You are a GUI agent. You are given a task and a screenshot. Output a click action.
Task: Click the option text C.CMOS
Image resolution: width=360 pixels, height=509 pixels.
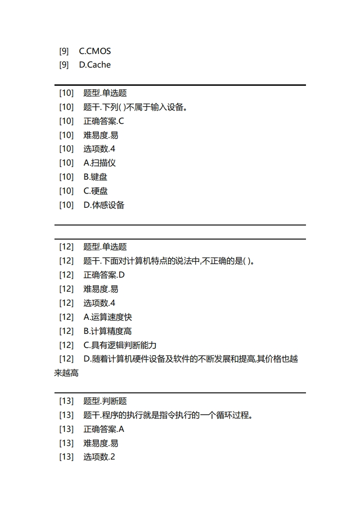[95, 51]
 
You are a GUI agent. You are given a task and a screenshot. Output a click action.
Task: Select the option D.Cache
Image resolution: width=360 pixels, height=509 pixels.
[95, 65]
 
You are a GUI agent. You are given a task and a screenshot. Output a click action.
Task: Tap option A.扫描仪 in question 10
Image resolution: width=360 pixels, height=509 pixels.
[99, 163]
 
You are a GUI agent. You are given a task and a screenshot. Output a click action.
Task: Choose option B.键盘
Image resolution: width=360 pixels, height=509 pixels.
[95, 177]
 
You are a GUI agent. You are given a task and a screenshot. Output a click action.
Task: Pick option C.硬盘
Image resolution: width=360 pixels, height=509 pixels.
[96, 191]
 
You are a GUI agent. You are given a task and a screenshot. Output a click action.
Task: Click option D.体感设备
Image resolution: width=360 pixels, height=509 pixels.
[104, 205]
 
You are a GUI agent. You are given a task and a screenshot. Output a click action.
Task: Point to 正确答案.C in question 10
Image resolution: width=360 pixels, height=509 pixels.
[104, 121]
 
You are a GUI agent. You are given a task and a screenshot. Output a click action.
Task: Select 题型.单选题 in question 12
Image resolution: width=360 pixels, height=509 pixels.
[105, 247]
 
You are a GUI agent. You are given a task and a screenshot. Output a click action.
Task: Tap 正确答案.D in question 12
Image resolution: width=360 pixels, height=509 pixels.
[104, 275]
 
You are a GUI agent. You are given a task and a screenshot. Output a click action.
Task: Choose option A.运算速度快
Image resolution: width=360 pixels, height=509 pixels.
[108, 317]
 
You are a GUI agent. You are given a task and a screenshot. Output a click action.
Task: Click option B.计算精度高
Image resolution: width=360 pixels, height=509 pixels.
[108, 331]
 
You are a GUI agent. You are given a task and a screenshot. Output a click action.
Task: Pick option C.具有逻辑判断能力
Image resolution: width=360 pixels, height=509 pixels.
[120, 345]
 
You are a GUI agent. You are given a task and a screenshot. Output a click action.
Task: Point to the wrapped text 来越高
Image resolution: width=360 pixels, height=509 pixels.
[66, 373]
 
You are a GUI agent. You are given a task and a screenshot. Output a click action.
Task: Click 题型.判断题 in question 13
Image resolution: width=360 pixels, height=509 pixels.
[105, 401]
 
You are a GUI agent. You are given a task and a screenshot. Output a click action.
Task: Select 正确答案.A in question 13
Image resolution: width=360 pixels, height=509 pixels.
[104, 429]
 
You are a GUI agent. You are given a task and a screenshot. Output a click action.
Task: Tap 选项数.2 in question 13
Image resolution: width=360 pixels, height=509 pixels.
[99, 457]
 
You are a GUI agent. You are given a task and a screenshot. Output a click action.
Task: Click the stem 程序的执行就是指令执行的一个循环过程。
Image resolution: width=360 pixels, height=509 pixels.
[168, 415]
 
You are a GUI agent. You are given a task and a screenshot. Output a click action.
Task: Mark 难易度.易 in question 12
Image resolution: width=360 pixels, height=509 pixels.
[101, 289]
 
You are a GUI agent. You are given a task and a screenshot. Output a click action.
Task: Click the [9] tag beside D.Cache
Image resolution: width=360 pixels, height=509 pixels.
[64, 65]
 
